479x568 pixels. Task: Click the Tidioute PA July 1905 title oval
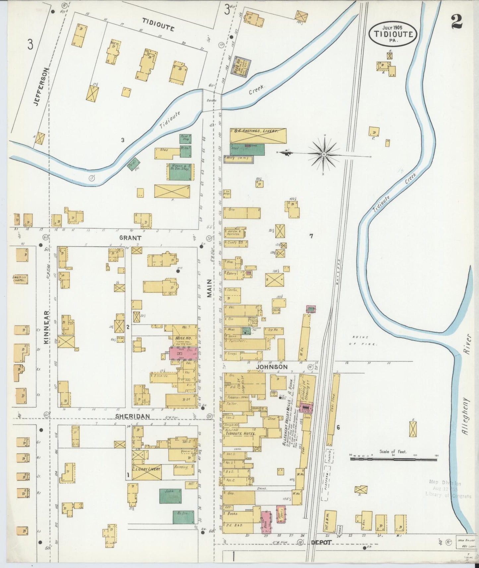[x=393, y=33]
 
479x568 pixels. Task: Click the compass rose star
[x=324, y=154]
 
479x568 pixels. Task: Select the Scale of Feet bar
[x=393, y=459]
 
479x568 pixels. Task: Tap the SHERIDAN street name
[x=132, y=416]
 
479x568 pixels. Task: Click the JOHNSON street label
[x=271, y=367]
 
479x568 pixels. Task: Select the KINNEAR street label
[x=47, y=327]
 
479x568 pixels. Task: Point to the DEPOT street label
[x=321, y=542]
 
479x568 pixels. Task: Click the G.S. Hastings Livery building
[x=258, y=136]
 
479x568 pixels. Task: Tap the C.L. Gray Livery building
[x=147, y=472]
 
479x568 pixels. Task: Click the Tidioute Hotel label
[x=245, y=434]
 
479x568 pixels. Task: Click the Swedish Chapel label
[x=20, y=279]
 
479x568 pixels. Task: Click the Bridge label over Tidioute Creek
[x=211, y=100]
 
